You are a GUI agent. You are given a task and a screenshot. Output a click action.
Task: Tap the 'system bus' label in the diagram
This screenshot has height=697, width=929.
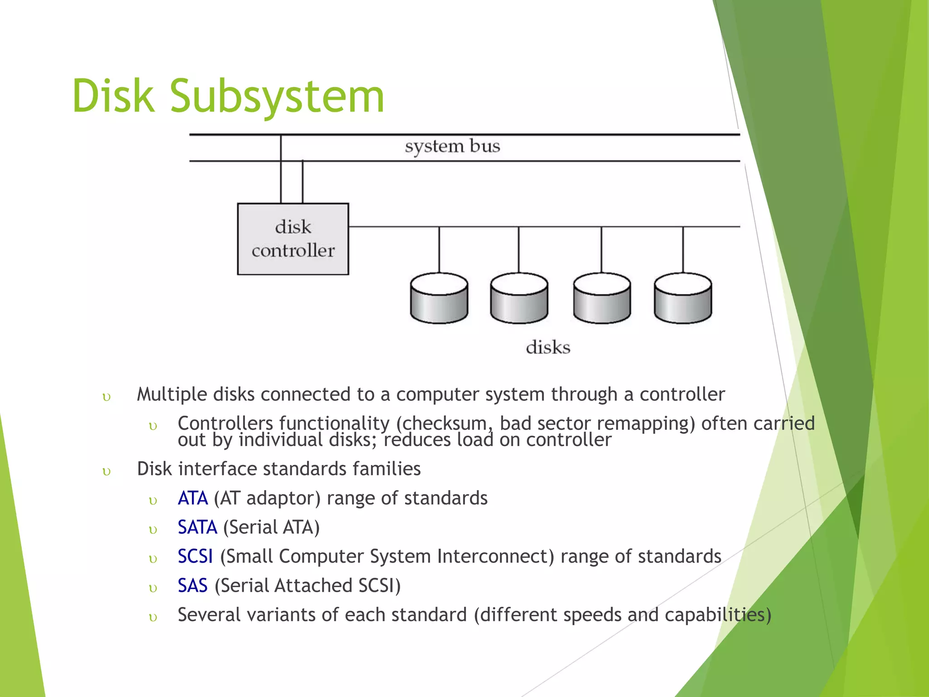coord(452,147)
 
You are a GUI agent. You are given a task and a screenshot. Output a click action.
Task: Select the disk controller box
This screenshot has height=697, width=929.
coord(293,239)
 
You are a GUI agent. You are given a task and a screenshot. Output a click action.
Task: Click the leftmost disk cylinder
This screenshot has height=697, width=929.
coord(439,299)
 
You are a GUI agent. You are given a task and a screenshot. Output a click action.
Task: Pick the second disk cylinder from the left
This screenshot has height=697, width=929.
coord(519,299)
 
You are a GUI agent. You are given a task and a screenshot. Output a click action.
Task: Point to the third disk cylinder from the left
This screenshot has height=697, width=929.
coord(601,299)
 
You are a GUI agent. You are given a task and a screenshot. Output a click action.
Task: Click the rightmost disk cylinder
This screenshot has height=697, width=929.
coord(683,299)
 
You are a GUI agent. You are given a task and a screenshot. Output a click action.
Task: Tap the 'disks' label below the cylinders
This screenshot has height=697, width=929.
coord(548,348)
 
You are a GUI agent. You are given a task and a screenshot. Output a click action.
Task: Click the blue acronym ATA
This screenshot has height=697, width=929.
coord(193,498)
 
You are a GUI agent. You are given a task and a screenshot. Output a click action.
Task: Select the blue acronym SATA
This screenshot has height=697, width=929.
coord(197,527)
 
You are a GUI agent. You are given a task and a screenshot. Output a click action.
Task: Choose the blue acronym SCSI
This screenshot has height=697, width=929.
coord(195,556)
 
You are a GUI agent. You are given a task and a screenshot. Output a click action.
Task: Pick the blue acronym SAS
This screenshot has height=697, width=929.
coord(192,586)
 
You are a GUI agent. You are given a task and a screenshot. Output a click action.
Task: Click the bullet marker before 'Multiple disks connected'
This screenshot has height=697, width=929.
coord(107,398)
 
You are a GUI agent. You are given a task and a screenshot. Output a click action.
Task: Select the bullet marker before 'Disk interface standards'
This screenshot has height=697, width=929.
coord(107,472)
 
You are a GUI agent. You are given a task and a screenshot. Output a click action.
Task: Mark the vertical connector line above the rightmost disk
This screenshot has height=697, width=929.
coord(683,250)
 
